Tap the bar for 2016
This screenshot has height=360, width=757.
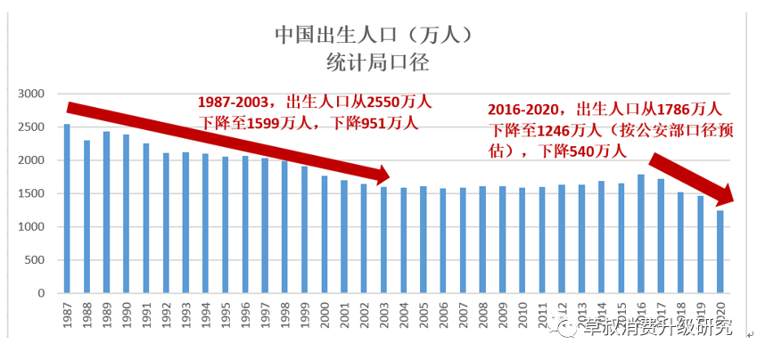tap(639, 233)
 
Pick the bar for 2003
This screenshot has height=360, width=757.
tap(383, 240)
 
